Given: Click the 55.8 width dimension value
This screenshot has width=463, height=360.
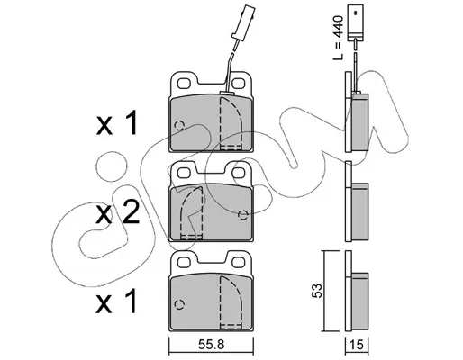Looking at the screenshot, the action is [212, 345].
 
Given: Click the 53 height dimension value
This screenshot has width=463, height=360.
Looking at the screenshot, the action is [317, 290].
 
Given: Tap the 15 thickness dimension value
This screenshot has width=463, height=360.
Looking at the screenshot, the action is [357, 345].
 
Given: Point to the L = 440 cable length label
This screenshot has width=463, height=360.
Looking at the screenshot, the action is [339, 38].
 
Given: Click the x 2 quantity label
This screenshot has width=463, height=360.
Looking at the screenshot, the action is [118, 213].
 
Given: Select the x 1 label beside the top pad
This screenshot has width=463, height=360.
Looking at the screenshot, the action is [117, 123].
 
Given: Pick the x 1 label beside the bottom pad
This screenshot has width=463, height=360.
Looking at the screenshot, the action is [116, 301].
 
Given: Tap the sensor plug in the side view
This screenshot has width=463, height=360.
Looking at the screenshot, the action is [355, 22].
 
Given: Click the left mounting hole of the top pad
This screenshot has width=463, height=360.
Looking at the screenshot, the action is [184, 83].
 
